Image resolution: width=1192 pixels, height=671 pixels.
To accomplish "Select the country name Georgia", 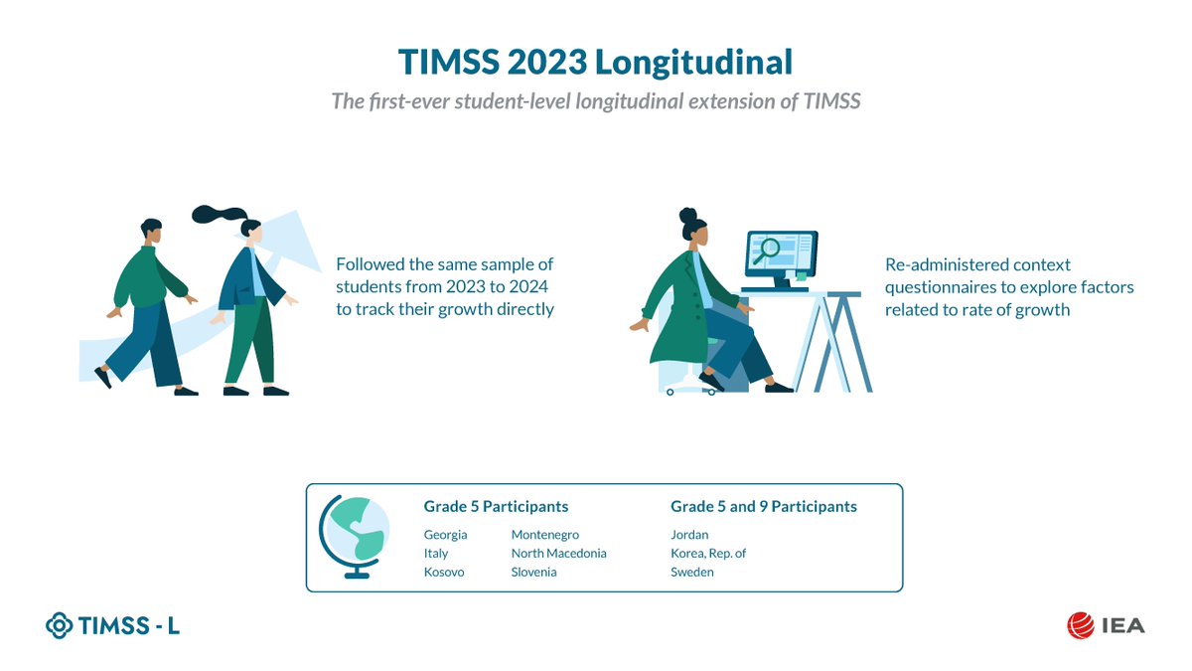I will coord(445,535).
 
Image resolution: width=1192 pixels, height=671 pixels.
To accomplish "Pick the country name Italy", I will coord(436,554).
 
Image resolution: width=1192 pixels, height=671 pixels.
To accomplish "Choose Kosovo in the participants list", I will coord(444,573).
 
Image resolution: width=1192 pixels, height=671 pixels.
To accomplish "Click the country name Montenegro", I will coord(544,535).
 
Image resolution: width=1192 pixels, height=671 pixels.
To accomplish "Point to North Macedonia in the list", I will coord(558,554).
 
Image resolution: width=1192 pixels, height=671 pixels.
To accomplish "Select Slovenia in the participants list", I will coord(533,573).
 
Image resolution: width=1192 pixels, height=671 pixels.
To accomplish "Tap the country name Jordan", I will coord(689,535).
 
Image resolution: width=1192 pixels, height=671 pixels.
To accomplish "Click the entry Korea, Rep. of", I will coord(708,554).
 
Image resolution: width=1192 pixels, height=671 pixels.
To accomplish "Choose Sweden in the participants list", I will coord(692,573).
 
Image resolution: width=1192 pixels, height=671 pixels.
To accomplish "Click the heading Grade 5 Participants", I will coord(496,507).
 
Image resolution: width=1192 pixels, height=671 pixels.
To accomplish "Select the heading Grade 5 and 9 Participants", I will coord(763,507).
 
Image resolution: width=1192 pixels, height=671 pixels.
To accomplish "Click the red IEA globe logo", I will coord(1080,625).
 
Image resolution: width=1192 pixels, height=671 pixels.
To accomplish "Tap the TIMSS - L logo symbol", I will coord(61,625).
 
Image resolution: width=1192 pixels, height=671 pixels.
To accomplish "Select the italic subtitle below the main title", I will coord(595,103).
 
